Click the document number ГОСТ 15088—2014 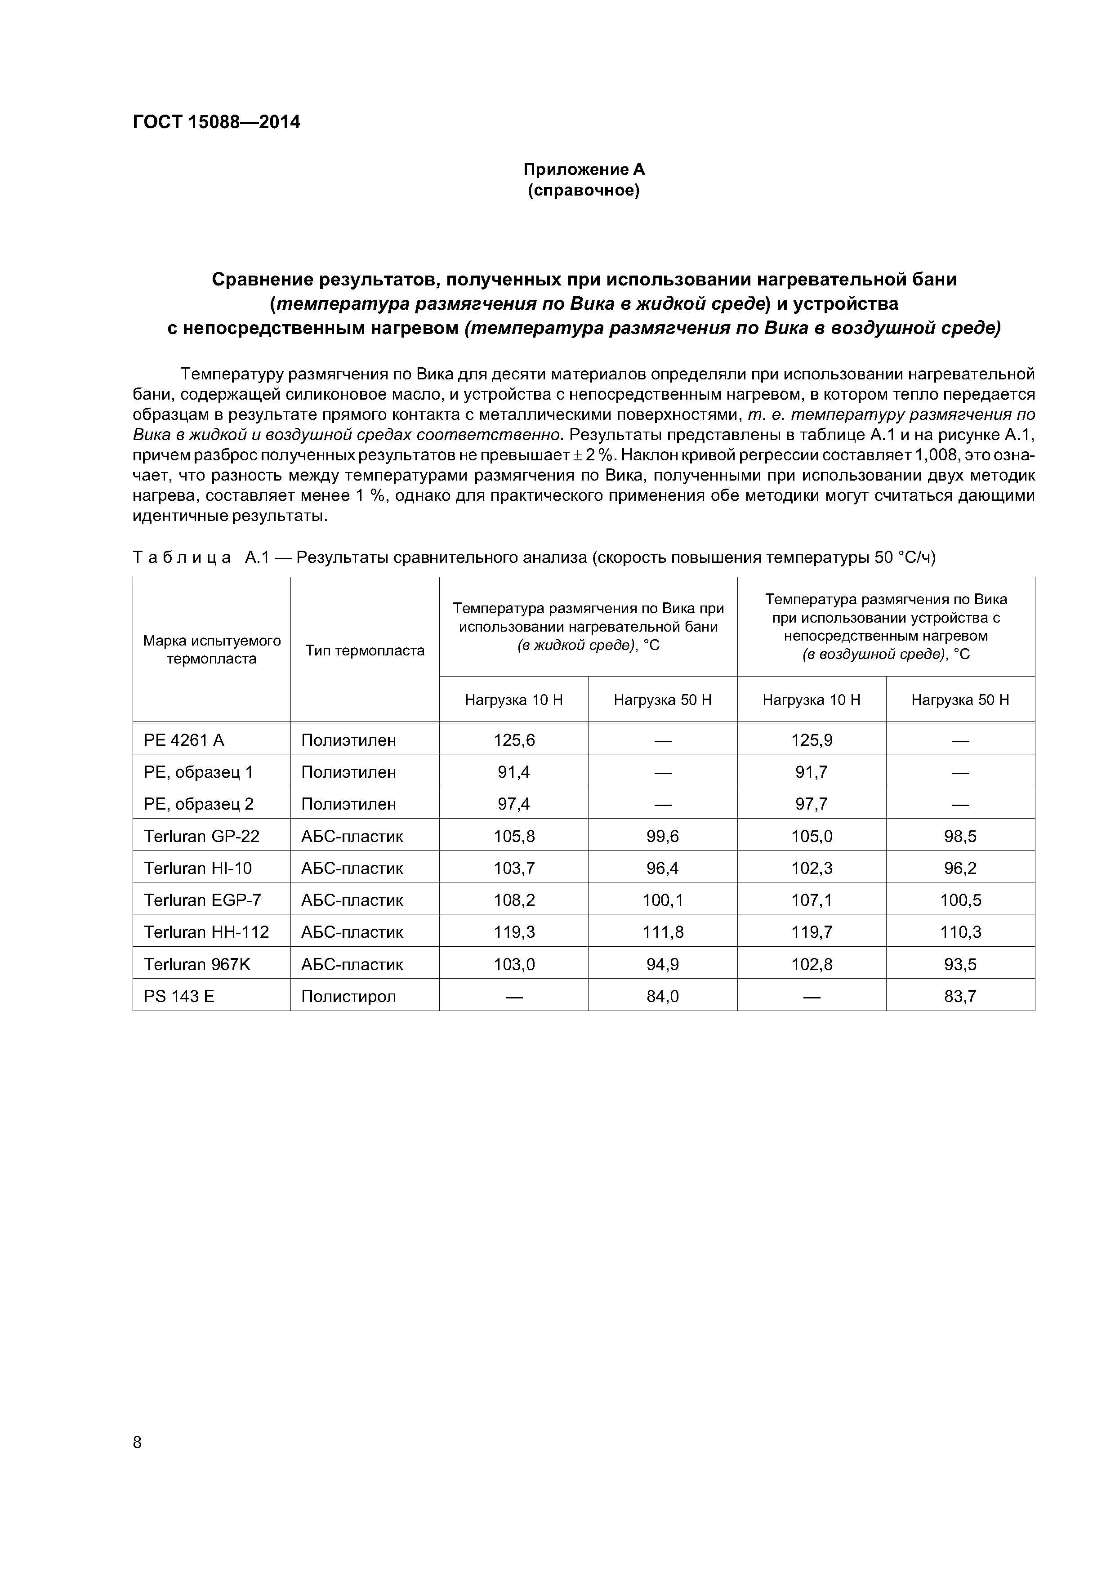pyautogui.click(x=216, y=122)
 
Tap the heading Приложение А pyautogui.click(x=583, y=169)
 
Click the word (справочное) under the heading pyautogui.click(x=583, y=190)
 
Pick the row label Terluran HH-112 pyautogui.click(x=206, y=932)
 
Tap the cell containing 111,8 pyautogui.click(x=662, y=932)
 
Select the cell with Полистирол pyautogui.click(x=348, y=996)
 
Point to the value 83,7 pyautogui.click(x=960, y=996)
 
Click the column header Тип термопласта pyautogui.click(x=365, y=650)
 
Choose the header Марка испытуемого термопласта pyautogui.click(x=212, y=650)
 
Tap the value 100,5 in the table pyautogui.click(x=960, y=900)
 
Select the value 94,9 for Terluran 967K pyautogui.click(x=662, y=964)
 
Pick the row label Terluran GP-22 pyautogui.click(x=201, y=836)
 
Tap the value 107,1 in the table pyautogui.click(x=812, y=900)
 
